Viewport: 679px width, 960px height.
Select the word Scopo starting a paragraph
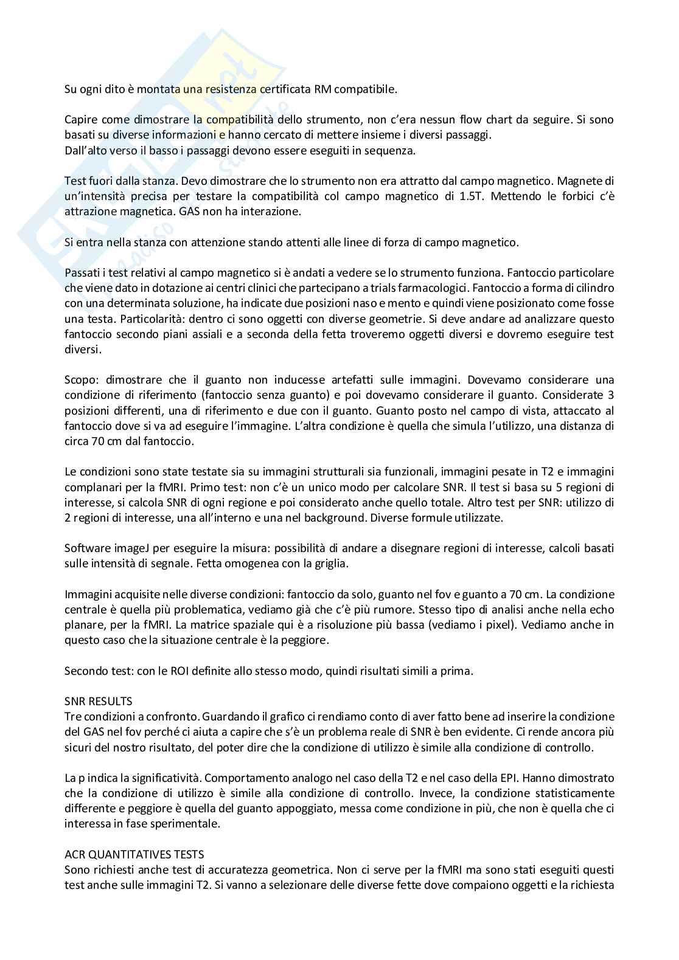[80, 379]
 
